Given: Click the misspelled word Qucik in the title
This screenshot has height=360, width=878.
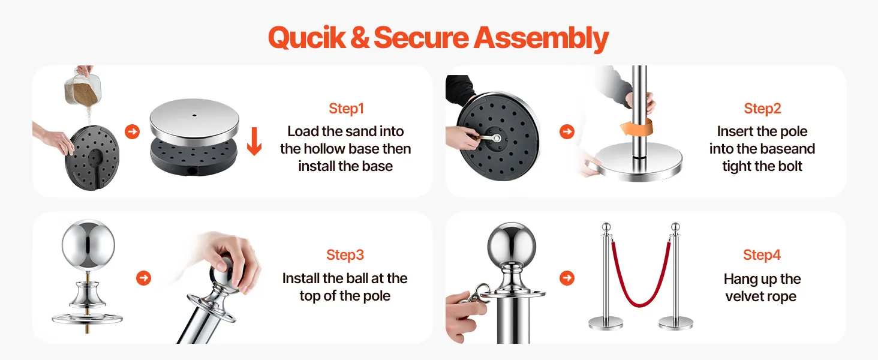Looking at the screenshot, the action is [307, 38].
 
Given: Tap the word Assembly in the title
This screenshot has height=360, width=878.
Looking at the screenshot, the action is [542, 38].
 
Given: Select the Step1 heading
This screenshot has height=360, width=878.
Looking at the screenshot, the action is [347, 109].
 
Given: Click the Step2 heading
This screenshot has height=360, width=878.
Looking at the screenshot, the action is [762, 109].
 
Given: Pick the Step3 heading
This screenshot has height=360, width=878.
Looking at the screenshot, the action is [345, 255].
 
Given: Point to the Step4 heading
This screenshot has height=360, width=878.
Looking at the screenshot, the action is [762, 255].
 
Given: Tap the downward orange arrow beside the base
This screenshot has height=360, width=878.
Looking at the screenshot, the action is [254, 141].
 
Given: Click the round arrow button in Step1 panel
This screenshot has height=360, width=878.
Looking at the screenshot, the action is [133, 131].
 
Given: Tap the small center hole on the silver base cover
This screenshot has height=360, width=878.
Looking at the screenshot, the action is [194, 116].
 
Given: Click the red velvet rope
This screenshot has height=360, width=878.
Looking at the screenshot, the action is [640, 278].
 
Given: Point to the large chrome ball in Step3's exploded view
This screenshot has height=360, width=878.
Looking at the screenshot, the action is [89, 245].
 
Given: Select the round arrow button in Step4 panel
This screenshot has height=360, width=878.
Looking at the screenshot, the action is [567, 278].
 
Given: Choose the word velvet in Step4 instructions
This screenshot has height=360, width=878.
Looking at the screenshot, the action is [744, 296].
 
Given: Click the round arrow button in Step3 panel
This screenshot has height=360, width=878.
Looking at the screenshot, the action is [143, 278].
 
